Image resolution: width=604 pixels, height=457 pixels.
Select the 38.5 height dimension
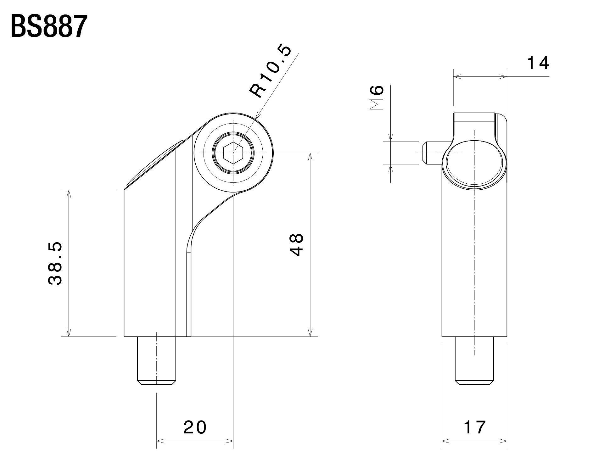[56, 263]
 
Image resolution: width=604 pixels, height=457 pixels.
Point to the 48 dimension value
[296, 244]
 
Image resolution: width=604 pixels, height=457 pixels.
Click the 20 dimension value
[195, 427]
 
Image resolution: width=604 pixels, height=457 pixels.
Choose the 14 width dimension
[538, 63]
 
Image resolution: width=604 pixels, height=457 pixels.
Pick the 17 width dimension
[475, 427]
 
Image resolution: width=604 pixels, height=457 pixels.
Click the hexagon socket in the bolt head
[233, 153]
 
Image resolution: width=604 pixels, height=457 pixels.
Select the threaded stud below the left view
[156, 360]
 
